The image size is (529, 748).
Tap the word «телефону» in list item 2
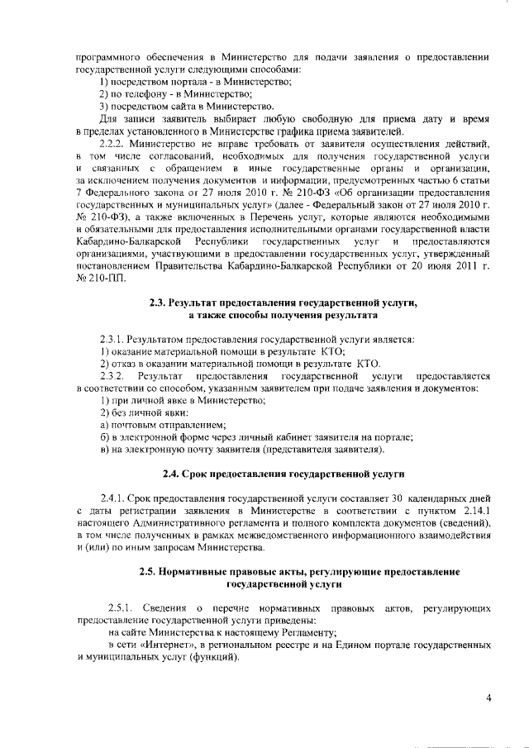[136, 94]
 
